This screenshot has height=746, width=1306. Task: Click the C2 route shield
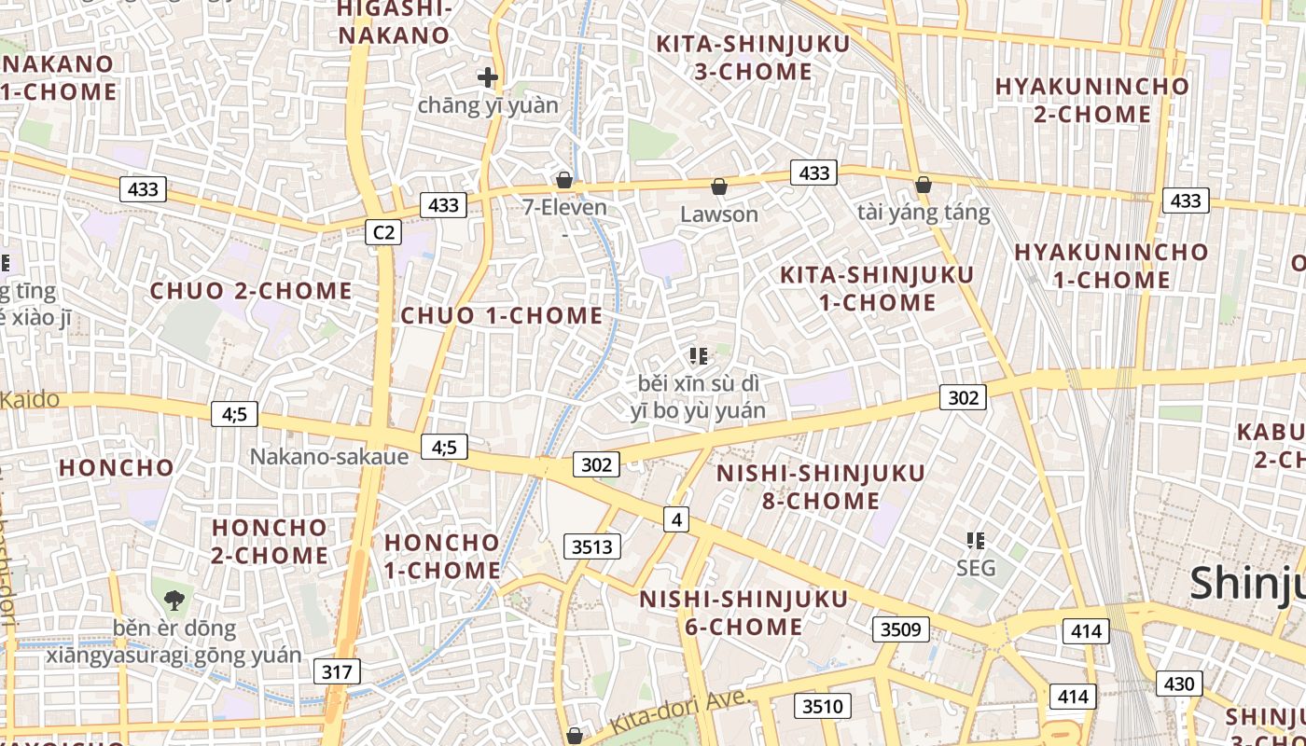click(x=383, y=232)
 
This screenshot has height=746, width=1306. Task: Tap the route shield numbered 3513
click(x=592, y=546)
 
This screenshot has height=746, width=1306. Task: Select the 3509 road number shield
click(x=901, y=629)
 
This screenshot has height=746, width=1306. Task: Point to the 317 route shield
click(x=336, y=671)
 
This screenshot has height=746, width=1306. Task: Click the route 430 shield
click(x=1179, y=684)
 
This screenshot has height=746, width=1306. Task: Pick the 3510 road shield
click(x=822, y=706)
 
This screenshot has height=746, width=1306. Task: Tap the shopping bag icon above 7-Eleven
click(x=564, y=180)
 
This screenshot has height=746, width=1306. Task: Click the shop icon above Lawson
click(x=719, y=187)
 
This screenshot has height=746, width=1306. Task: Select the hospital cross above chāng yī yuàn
click(x=487, y=77)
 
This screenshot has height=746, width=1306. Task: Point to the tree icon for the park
click(x=174, y=600)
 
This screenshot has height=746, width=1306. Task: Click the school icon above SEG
click(x=976, y=540)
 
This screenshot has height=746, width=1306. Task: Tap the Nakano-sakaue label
click(x=329, y=457)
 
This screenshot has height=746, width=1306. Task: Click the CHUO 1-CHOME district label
click(x=502, y=315)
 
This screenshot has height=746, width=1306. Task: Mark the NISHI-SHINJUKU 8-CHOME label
click(x=821, y=487)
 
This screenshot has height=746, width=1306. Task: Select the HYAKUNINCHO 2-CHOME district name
click(x=1092, y=100)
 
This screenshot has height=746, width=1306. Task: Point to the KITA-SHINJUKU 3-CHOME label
click(x=753, y=57)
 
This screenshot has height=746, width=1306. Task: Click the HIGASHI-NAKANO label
click(x=395, y=22)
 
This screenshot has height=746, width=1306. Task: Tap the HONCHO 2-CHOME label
click(x=270, y=541)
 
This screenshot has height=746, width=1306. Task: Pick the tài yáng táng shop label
click(x=924, y=213)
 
